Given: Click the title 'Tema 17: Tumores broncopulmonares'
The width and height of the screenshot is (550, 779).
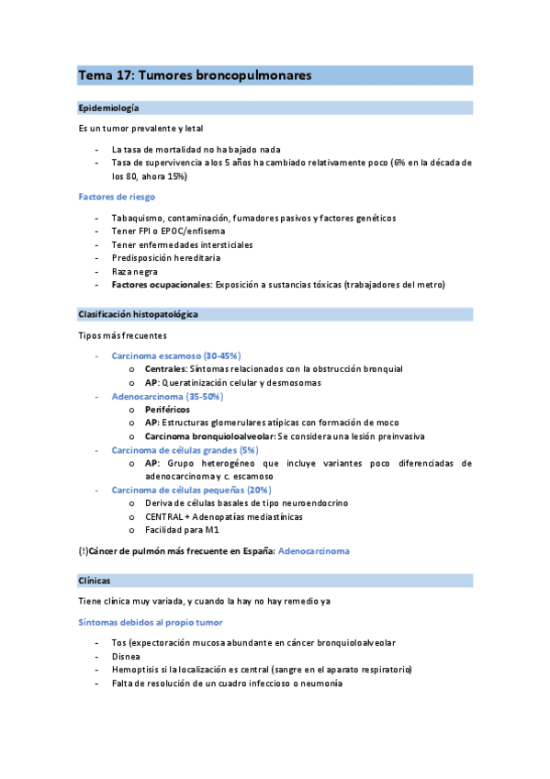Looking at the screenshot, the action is click(x=196, y=74).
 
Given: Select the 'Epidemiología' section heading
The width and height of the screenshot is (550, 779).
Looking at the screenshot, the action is click(x=109, y=107).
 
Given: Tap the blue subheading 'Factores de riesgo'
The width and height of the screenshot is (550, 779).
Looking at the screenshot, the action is click(x=117, y=197).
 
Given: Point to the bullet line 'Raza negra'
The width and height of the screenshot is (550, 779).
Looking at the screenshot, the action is click(x=134, y=272).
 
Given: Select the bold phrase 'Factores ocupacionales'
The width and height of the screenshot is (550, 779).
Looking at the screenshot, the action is click(x=161, y=285).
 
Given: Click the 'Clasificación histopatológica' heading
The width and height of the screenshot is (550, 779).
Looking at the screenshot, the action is click(x=139, y=314).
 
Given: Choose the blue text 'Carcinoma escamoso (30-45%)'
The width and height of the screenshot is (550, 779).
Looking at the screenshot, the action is click(x=175, y=355).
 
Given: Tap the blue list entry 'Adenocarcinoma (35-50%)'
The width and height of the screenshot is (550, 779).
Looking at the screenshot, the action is click(x=167, y=395).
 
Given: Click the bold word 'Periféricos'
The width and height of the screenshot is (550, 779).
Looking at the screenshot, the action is click(x=167, y=409).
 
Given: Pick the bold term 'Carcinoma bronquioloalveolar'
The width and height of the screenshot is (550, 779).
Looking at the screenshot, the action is click(x=209, y=435).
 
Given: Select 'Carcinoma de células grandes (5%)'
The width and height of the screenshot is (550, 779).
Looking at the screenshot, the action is click(x=185, y=449).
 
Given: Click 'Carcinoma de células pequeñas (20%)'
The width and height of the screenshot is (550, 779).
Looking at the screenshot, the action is click(x=191, y=490).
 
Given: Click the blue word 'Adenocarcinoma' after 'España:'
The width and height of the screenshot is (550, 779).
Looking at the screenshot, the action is click(x=313, y=551).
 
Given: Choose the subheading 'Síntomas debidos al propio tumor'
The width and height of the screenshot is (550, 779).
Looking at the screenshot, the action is click(x=149, y=623).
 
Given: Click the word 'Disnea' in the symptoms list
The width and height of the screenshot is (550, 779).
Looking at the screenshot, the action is click(x=127, y=657).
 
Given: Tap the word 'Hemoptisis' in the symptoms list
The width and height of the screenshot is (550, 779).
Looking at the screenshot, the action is click(x=136, y=671).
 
